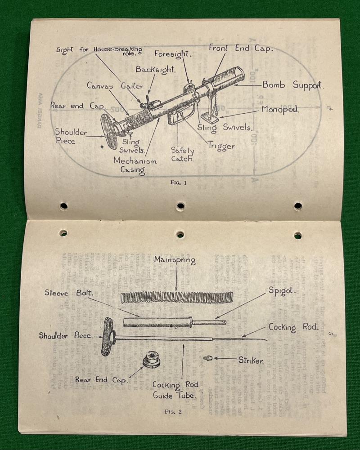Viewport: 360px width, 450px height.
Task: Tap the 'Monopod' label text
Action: (281, 110)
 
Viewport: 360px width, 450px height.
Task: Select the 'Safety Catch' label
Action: (182, 155)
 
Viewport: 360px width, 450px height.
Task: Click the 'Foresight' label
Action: (173, 54)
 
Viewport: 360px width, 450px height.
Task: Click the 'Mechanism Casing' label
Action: (135, 165)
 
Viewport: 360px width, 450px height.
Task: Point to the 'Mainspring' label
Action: (175, 260)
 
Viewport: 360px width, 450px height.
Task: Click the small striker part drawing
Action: (208, 358)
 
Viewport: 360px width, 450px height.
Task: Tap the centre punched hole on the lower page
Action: (180, 234)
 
